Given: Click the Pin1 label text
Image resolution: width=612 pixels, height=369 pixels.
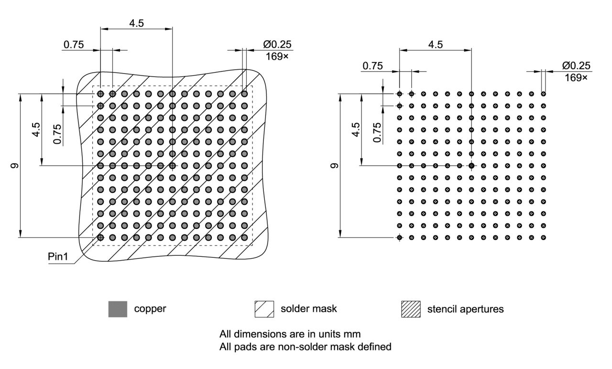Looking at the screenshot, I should point(58,257).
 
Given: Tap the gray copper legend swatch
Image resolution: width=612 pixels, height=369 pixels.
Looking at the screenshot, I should point(118,309).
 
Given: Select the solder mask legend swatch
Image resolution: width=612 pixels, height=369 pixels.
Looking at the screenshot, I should point(264,309).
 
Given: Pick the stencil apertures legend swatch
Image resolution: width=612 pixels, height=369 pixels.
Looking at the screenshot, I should point(410,309).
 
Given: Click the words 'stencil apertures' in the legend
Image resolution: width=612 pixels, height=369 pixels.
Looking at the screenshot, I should point(465,309).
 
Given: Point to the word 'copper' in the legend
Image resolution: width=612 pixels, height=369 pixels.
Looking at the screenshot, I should point(150,309).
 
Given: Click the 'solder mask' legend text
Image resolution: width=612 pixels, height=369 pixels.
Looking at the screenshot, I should point(308,309).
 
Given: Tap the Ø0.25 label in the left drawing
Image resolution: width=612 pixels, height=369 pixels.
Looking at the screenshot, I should point(277,44).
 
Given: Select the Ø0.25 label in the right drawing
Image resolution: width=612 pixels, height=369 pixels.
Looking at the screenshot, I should point(576,66).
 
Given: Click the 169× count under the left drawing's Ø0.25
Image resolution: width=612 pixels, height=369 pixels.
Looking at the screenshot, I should point(279,56).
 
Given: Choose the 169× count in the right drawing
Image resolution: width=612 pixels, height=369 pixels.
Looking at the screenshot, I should point(576,77).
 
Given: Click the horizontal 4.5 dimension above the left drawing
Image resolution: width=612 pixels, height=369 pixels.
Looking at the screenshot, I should point(136,23).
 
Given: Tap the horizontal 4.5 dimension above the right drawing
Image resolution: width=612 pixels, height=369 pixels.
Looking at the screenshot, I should point(435,44).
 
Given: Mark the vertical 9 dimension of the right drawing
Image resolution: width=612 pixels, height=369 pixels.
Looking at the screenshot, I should point(335,166).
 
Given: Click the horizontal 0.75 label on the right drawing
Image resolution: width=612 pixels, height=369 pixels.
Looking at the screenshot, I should point(372,66).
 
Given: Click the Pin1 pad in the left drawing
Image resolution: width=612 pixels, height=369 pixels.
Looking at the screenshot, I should point(100,237).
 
